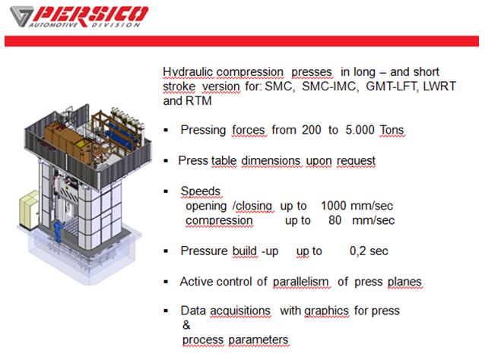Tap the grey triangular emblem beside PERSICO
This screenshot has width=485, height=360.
point(21,16)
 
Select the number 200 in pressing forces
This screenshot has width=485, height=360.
point(312,130)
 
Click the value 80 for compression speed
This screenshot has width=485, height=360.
point(334,220)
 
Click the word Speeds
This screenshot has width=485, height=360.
point(201,191)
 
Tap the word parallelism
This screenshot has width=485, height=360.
point(300,282)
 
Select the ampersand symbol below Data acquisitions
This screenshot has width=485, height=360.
point(186,325)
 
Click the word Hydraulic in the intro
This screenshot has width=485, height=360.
point(188,72)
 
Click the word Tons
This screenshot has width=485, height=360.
point(392,130)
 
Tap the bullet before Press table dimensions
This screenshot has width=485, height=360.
point(166,161)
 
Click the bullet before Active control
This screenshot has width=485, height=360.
point(166,282)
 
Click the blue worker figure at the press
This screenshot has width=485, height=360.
point(58,231)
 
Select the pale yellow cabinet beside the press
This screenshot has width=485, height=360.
point(29,210)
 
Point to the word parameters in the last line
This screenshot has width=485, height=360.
point(258,340)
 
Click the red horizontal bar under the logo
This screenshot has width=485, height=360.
point(242,41)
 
